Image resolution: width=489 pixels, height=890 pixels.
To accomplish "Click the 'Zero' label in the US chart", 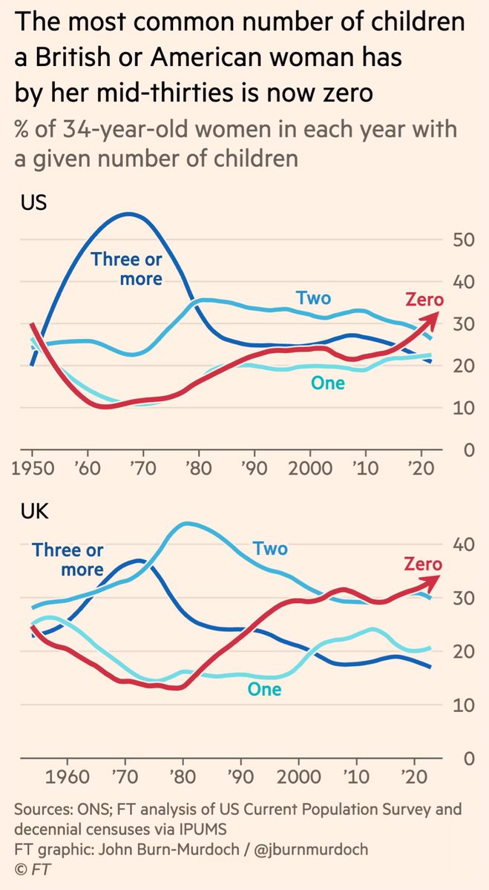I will point(424,300).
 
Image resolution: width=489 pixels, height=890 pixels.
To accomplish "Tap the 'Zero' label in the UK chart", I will point(423,564).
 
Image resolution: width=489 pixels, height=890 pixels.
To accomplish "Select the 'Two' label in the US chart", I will point(313,299).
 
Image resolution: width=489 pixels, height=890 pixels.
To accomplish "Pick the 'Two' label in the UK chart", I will point(270,549).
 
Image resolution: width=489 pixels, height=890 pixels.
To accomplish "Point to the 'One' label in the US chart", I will point(329,383).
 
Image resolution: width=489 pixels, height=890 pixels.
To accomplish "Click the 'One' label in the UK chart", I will point(264,689).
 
